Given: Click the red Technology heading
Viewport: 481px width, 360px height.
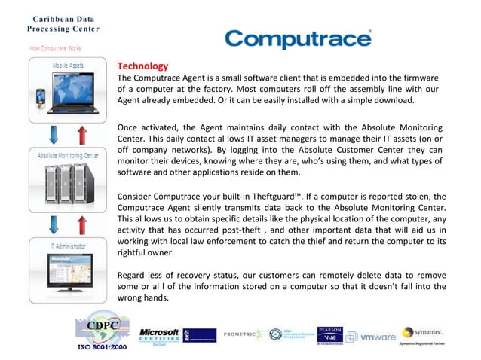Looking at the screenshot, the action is tap(142, 66).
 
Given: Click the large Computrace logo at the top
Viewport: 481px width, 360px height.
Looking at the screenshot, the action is tap(299, 38).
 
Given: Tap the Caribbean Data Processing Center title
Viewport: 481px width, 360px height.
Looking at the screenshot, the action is tap(52, 23).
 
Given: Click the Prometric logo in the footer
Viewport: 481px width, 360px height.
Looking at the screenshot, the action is tap(244, 334).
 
